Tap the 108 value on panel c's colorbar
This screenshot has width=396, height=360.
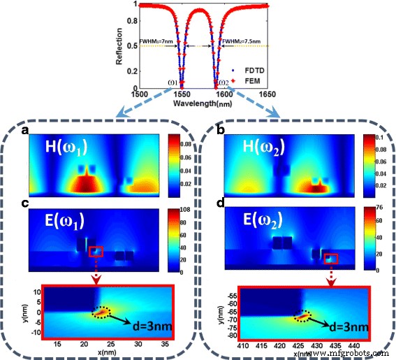175,209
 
